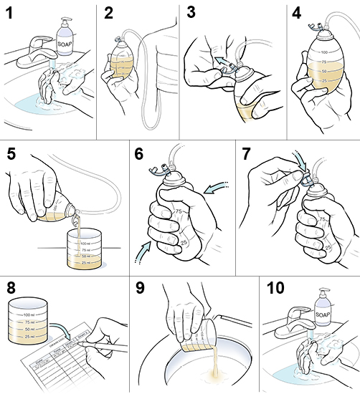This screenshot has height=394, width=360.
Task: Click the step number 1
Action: pyautogui.click(x=11, y=14)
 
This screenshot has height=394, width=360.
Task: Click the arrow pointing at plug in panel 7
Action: pyautogui.click(x=303, y=167)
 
